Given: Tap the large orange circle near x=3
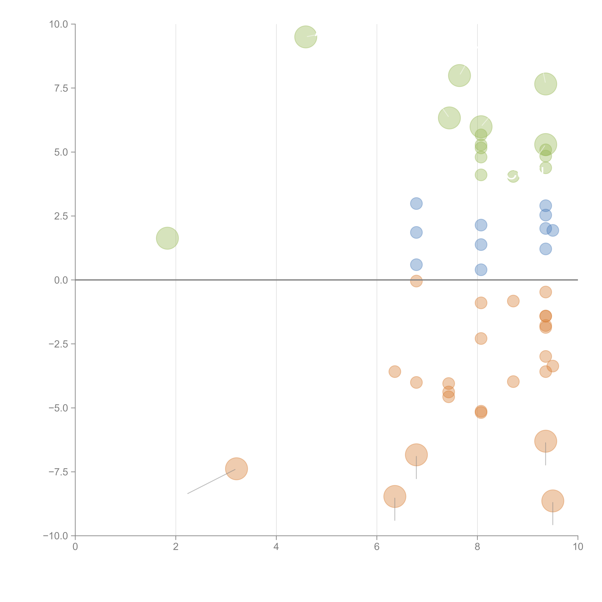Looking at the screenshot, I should point(236,469).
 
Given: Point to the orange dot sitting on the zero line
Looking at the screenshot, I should point(416,281).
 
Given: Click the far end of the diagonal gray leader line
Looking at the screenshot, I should point(188,494).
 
